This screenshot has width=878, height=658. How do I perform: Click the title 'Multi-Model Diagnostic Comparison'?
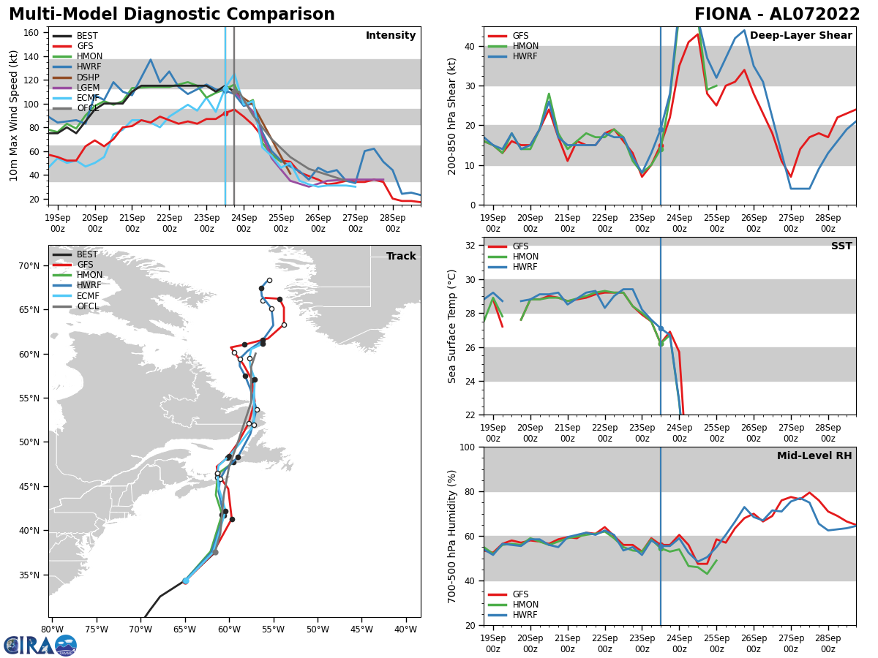click(x=171, y=15)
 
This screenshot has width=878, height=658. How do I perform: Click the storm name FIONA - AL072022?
click(x=777, y=15)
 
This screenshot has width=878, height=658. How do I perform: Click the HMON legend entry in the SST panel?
click(x=525, y=257)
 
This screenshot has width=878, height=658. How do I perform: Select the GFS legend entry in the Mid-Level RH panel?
click(x=520, y=594)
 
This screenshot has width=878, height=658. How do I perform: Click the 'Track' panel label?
click(x=401, y=257)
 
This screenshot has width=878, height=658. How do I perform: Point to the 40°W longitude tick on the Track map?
click(x=405, y=629)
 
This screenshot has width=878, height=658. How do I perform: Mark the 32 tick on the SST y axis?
click(x=472, y=246)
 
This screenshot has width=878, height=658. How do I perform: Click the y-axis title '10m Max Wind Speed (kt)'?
click(x=14, y=116)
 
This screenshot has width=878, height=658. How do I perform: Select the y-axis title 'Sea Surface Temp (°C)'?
click(x=452, y=326)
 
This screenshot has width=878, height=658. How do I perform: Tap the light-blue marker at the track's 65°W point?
click(x=185, y=581)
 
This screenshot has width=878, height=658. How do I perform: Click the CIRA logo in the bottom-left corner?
click(x=40, y=646)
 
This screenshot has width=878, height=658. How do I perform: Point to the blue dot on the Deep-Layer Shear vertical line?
click(x=661, y=129)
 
